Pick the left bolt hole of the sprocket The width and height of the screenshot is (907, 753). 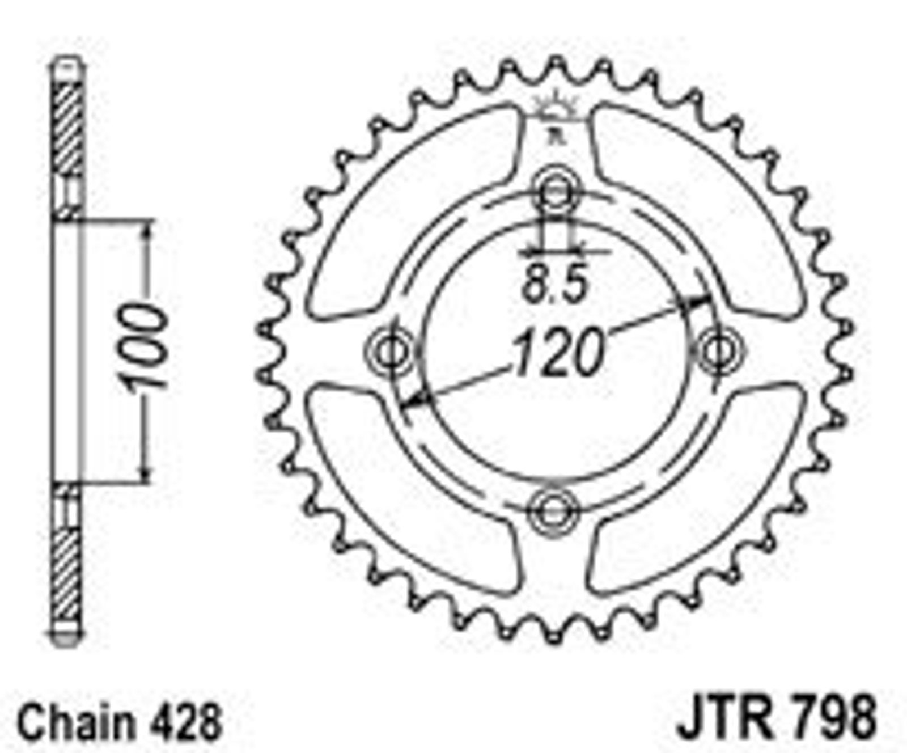[x=390, y=350]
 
